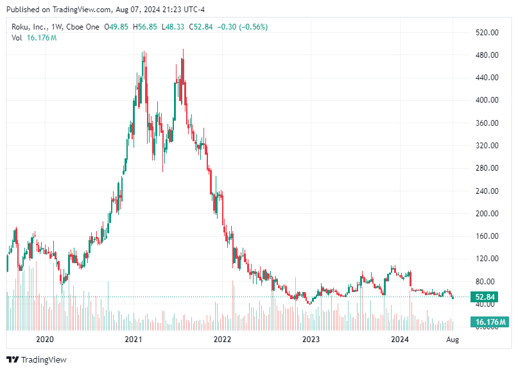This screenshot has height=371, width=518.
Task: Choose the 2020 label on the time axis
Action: point(44,338)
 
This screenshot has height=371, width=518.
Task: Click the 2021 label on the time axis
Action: point(133,338)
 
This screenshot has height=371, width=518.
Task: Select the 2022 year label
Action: point(222,338)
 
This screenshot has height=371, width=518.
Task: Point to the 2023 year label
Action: point(311,338)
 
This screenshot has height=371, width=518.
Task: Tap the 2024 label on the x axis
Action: point(400,338)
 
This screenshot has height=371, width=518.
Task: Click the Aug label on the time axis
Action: point(453,338)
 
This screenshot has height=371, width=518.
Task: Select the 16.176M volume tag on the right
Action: point(490,322)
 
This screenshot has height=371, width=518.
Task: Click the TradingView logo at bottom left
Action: point(37,359)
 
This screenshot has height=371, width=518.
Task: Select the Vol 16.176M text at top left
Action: point(34,38)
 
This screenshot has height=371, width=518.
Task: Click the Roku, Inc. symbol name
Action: point(30,27)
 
